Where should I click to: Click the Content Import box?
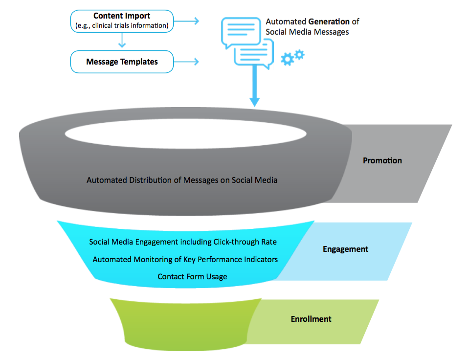pyautogui.click(x=122, y=21)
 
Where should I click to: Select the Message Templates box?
pyautogui.click(x=122, y=62)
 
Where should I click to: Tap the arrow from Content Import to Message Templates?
pyautogui.click(x=121, y=41)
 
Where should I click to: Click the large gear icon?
pyautogui.click(x=287, y=60)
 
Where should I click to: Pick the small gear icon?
pyautogui.click(x=299, y=54)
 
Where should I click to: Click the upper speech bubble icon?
pyautogui.click(x=241, y=31)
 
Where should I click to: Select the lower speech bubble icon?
pyautogui.click(x=253, y=53)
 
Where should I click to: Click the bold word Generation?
pyautogui.click(x=329, y=22)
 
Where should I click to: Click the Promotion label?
pyautogui.click(x=382, y=160)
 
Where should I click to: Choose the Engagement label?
pyautogui.click(x=345, y=249)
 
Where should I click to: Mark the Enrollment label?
pyautogui.click(x=311, y=319)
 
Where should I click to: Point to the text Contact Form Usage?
pyautogui.click(x=192, y=277)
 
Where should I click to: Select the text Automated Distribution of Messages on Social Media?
pyautogui.click(x=182, y=180)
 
